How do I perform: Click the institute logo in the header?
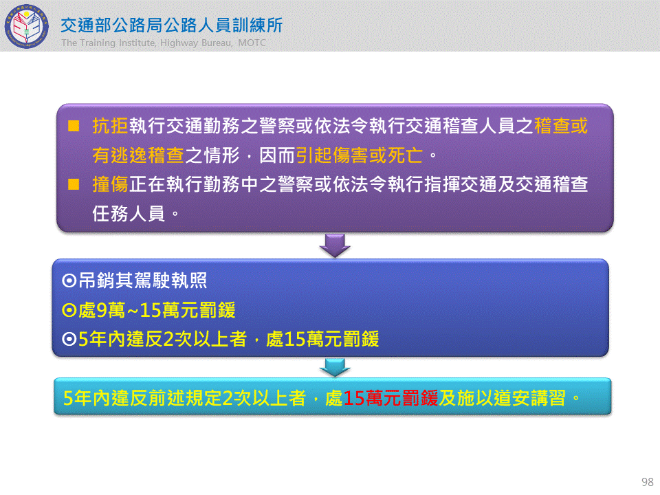coord(26,26)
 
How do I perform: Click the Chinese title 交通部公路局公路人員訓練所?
coord(172,25)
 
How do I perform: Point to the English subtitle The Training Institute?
coord(109,43)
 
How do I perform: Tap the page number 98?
coord(648,481)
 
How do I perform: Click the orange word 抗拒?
coord(110,126)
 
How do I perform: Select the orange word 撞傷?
coord(110,184)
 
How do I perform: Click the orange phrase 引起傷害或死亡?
coord(359,155)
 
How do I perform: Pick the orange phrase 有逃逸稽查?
coord(138,155)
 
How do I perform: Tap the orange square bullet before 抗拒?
coord(74,126)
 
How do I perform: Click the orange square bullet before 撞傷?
coord(74,184)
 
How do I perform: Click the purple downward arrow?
coord(335,245)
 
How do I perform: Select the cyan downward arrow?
coord(335,367)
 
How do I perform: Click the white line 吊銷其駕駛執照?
coord(143,280)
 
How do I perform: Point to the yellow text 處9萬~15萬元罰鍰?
coord(157,310)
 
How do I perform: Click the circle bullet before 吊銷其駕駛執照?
coord(69,280)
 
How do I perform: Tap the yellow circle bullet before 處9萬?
coord(69,310)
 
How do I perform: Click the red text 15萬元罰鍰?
coord(390,398)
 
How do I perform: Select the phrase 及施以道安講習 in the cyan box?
coord(502,398)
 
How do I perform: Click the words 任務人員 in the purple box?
coord(129,214)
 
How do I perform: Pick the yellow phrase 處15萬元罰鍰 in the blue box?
coord(322,339)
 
